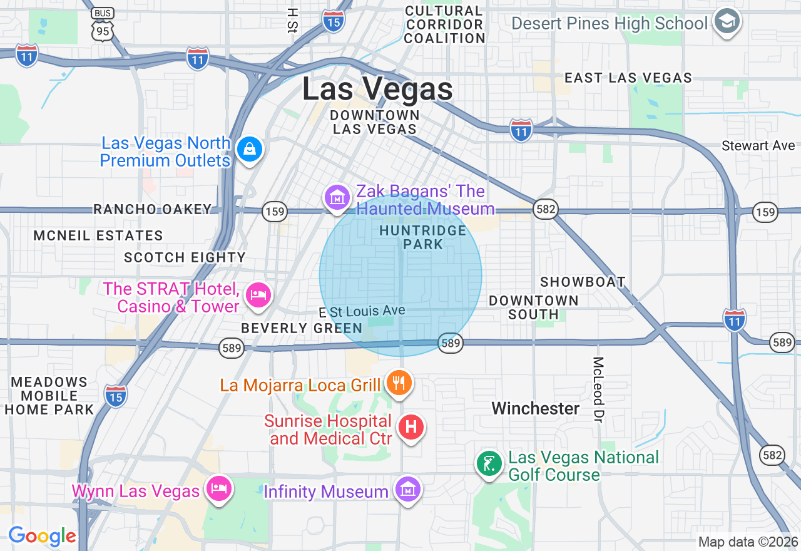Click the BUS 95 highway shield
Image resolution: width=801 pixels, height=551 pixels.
pyautogui.click(x=101, y=25)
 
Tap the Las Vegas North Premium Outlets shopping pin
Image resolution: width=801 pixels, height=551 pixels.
pyautogui.click(x=250, y=149)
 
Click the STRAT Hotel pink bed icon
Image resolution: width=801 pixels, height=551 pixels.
pyautogui.click(x=258, y=294)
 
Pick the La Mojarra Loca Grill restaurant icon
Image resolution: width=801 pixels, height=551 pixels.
pyautogui.click(x=399, y=381)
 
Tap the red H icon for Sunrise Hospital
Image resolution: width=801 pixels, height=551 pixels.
pyautogui.click(x=411, y=427)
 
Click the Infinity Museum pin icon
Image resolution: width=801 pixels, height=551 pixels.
pyautogui.click(x=407, y=489)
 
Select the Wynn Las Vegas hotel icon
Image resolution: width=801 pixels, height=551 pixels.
pyautogui.click(x=218, y=488)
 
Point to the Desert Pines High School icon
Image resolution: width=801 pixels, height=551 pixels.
pyautogui.click(x=727, y=21)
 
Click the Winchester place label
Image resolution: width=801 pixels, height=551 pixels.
pyautogui.click(x=536, y=408)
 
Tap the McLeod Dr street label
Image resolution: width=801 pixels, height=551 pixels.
pyautogui.click(x=599, y=389)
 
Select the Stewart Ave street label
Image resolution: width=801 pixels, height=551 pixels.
pyautogui.click(x=758, y=145)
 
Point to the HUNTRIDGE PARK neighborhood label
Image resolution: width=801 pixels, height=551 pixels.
pyautogui.click(x=423, y=237)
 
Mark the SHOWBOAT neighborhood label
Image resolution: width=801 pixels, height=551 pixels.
pyautogui.click(x=583, y=282)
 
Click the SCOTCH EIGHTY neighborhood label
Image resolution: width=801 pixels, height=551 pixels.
pyautogui.click(x=185, y=257)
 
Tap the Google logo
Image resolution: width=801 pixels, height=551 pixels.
pyautogui.click(x=42, y=536)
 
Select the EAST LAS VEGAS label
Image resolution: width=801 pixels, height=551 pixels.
pyautogui.click(x=628, y=78)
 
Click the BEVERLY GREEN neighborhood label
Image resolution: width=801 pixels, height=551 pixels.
pyautogui.click(x=302, y=328)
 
